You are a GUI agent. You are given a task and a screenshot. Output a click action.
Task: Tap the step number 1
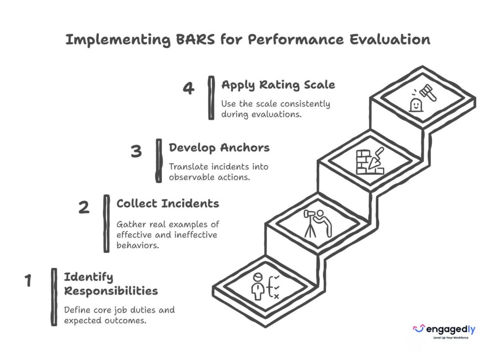[28, 280]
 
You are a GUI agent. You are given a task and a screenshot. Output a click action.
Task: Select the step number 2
[84, 207]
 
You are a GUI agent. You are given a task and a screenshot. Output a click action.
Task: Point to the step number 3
[136, 151]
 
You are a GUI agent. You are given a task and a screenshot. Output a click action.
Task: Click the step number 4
[188, 88]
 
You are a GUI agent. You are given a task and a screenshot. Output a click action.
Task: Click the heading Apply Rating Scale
[278, 85]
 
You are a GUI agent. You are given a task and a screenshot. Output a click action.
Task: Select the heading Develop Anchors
[219, 148]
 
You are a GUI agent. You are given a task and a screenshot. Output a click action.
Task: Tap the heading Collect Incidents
[168, 203]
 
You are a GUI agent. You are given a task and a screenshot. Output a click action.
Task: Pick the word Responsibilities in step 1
[111, 291]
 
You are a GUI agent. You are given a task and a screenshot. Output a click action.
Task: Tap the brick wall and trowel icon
[370, 161]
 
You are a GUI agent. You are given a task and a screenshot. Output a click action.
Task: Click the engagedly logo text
[451, 329]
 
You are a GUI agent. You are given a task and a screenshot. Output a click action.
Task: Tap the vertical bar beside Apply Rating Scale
[211, 98]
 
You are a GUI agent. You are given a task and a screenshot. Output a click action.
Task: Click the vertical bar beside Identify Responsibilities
[54, 297]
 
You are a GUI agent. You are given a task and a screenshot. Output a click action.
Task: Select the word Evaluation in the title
[390, 40]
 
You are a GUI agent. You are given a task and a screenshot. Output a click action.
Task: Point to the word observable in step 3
[188, 177]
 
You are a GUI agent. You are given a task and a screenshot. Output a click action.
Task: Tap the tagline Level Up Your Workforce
[451, 338]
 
